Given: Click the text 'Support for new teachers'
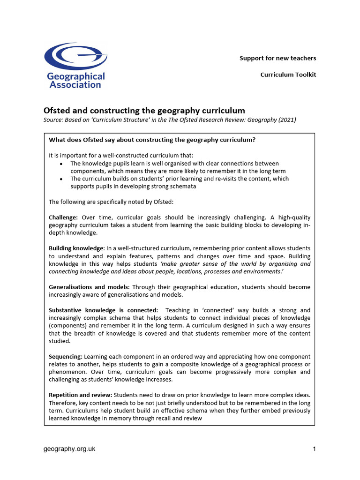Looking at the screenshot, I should [277, 58].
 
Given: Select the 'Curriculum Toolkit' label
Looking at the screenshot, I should [288, 75].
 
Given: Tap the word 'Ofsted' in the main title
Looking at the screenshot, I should [57, 111].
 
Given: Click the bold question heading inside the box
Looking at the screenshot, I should [152, 140].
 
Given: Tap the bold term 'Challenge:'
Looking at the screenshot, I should [63, 217].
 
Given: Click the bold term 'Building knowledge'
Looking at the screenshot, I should [76, 248].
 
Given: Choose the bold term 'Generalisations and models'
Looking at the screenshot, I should [88, 287].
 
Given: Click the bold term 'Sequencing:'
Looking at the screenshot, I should [65, 357].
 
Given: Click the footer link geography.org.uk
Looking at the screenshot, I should [69, 449].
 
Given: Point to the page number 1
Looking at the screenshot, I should [314, 449].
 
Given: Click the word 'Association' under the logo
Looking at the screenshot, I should [75, 85].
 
